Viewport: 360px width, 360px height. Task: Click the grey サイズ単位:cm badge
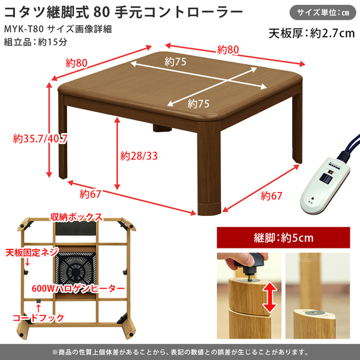pyautogui.click(x=323, y=12)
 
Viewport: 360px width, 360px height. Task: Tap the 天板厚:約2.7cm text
pyautogui.click(x=311, y=33)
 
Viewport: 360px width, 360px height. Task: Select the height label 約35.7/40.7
pyautogui.click(x=40, y=139)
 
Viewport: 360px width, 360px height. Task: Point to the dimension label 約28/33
pyautogui.click(x=139, y=156)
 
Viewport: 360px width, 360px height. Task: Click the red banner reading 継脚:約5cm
pyautogui.click(x=283, y=238)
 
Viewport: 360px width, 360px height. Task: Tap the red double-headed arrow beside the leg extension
pyautogui.click(x=269, y=297)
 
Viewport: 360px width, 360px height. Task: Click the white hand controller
pyautogui.click(x=325, y=185)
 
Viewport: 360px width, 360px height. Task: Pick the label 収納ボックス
pyautogui.click(x=76, y=217)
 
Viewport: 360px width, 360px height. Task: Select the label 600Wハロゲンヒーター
pyautogui.click(x=78, y=289)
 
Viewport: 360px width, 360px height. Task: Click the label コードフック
pyautogui.click(x=38, y=318)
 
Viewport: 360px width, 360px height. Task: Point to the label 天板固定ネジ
pyautogui.click(x=32, y=253)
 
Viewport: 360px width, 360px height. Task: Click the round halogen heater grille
pyautogui.click(x=76, y=269)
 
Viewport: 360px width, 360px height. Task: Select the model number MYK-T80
pyautogui.click(x=23, y=29)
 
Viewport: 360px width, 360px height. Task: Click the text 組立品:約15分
pyautogui.click(x=35, y=42)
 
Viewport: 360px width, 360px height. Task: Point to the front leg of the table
pyautogui.click(x=209, y=168)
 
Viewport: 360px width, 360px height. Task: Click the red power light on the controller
pyautogui.click(x=312, y=198)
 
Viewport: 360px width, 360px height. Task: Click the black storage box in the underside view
pyautogui.click(x=76, y=228)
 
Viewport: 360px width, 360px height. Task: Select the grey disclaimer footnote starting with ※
pyautogui.click(x=180, y=352)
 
